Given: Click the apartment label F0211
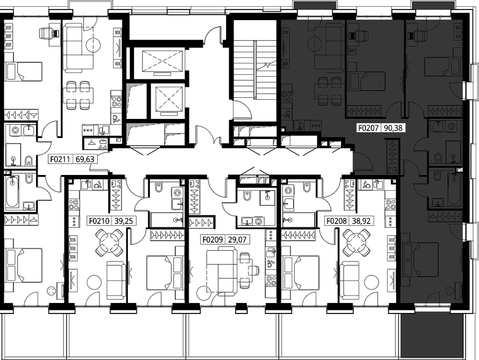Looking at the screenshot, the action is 60,159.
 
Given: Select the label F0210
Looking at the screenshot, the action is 99,221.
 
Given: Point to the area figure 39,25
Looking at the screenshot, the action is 124,221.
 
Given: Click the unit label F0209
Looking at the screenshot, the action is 213,239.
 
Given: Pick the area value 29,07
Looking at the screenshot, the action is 237,239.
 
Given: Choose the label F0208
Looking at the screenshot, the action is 336,221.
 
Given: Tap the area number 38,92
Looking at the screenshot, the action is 361,221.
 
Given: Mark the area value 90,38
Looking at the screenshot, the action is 393,128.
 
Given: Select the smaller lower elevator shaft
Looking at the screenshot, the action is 168,100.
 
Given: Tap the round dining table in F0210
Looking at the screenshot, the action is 109,243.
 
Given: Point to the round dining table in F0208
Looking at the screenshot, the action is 356,243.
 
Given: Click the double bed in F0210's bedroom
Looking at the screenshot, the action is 165,273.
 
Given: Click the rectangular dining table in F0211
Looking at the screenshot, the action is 79,95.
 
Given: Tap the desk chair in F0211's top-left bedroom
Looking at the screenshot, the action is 49,33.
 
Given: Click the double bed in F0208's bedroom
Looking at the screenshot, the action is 300,273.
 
